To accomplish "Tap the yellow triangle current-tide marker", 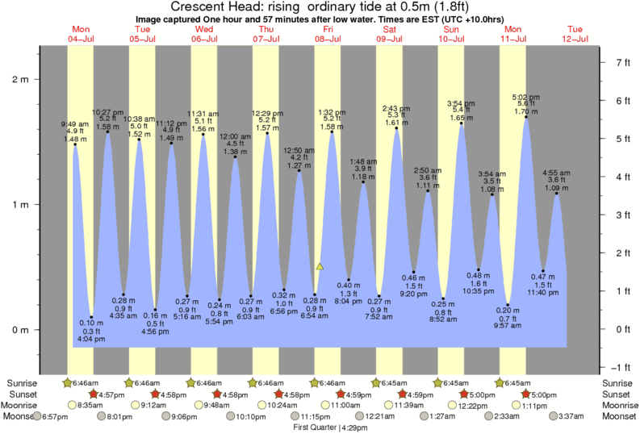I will [x=320, y=265].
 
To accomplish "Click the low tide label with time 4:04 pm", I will [x=91, y=339].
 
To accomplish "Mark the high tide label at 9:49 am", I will [x=74, y=125].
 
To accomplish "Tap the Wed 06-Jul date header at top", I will [x=203, y=34].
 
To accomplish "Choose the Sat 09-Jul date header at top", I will [x=389, y=34].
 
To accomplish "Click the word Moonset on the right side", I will [x=619, y=416].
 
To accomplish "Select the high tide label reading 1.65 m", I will [x=461, y=119].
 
